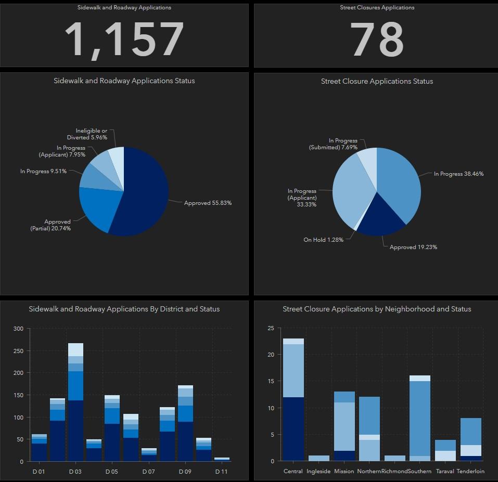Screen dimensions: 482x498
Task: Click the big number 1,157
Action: [124, 40]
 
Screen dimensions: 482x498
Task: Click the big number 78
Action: [377, 40]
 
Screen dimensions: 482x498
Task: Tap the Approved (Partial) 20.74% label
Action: [50, 225]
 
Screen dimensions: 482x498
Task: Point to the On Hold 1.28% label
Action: [323, 240]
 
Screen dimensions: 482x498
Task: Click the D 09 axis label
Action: [185, 472]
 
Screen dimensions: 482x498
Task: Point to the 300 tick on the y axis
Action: [18, 329]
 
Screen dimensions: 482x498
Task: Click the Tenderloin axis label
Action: [470, 472]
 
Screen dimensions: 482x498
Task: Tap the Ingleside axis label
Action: [318, 472]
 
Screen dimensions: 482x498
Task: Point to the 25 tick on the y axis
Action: [270, 329]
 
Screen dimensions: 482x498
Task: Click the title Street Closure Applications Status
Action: [377, 81]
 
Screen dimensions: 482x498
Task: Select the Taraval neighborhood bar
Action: [445, 450]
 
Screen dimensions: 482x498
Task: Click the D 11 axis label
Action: [221, 472]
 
